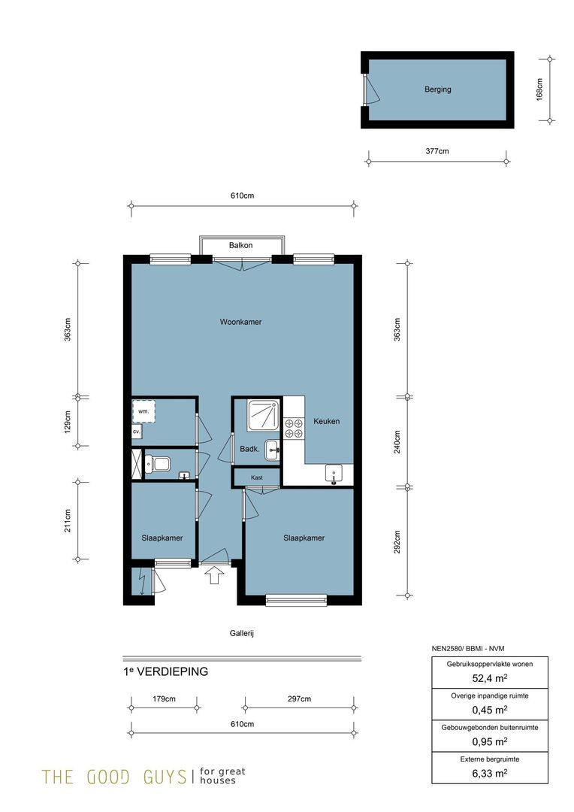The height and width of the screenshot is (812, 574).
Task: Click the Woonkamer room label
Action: point(240,322)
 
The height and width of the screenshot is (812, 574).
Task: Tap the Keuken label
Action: point(327,422)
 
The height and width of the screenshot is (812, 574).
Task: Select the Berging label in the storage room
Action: point(438,89)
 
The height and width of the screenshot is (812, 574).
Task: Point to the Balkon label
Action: point(240,245)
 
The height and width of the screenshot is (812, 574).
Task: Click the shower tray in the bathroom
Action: point(264,415)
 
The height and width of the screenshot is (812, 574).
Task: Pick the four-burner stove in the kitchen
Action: point(294,429)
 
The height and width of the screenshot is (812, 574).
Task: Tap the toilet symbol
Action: point(157,463)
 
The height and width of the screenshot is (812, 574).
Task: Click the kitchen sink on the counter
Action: point(334,474)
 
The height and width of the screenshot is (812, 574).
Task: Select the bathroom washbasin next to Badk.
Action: point(273,450)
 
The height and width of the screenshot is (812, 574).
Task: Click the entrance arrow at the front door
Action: point(215,575)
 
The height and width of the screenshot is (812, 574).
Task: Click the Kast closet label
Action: point(257,477)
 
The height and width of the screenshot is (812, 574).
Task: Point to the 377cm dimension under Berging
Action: point(437,152)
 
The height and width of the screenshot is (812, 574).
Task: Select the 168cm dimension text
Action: point(540,89)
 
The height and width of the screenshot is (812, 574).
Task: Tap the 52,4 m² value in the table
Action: point(490,678)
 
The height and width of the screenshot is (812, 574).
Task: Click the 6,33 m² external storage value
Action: point(490,773)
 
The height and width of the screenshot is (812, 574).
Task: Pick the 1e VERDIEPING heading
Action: point(165,671)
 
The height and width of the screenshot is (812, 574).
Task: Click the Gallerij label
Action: point(242,633)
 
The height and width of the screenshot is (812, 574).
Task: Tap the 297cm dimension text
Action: point(299,699)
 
